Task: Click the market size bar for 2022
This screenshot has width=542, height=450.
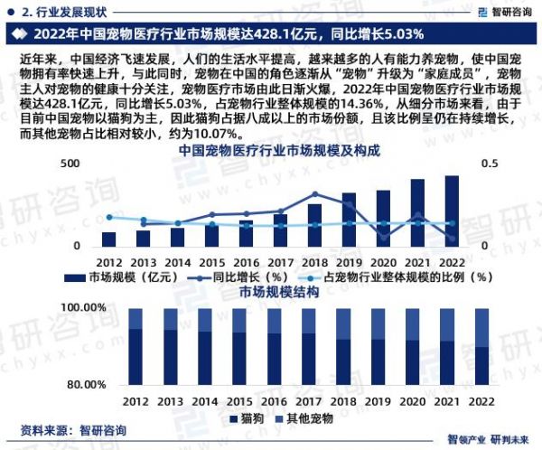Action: coord(452,211)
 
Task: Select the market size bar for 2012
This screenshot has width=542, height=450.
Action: coord(109,239)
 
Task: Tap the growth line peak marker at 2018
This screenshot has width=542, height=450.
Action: coord(314,193)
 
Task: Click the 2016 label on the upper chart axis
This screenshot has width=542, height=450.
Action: coord(246,262)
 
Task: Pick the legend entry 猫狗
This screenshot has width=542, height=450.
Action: coord(246,418)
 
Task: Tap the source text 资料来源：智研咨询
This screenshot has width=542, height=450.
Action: coord(73,430)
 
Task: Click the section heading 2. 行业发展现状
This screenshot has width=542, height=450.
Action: coord(68,11)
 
